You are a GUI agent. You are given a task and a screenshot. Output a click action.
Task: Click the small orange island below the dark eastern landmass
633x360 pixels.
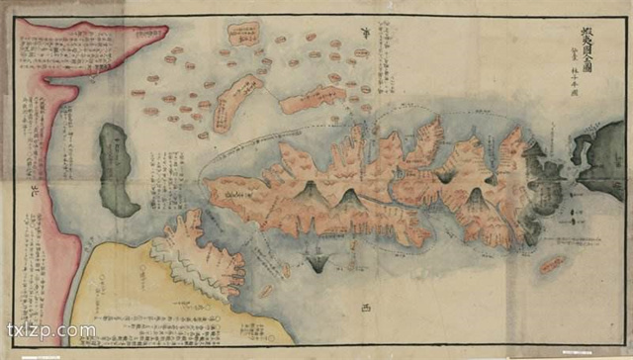552,265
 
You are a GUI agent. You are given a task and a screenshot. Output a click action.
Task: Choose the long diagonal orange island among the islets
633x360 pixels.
236,102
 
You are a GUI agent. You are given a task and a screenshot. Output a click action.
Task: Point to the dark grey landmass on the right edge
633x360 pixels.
601,158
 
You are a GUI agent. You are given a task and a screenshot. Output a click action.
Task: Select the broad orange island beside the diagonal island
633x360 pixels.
312,99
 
